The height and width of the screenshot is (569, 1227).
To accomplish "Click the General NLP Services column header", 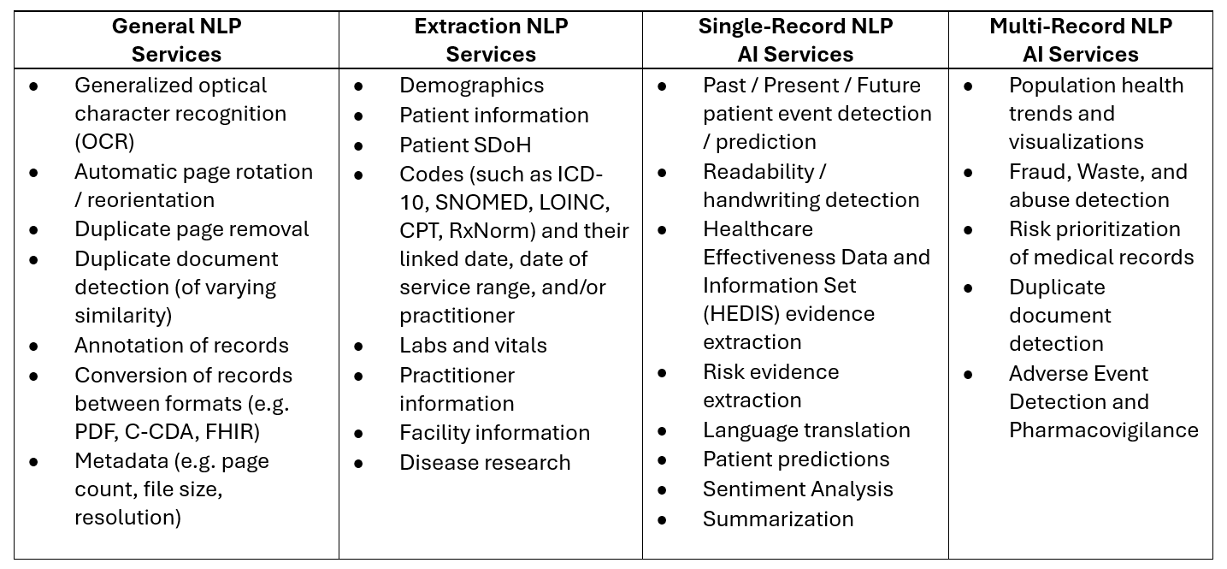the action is [x=176, y=40].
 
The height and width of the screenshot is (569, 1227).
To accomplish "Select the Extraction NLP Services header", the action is [x=491, y=40].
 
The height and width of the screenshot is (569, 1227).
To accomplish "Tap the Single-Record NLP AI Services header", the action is [x=795, y=40].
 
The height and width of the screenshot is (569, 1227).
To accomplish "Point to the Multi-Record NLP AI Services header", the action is [x=1081, y=40].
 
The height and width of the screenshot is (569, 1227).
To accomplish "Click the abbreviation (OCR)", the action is [x=104, y=142].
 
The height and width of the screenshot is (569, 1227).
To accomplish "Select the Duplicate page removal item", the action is [x=192, y=229].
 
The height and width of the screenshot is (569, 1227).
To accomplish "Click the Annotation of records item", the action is [x=181, y=346].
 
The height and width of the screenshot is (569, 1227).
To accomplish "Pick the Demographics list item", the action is [x=471, y=86].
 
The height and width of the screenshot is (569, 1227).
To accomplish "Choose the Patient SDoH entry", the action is [x=465, y=145].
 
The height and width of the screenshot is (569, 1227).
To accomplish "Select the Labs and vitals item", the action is [x=473, y=346].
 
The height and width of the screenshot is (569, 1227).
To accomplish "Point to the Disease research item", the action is [x=485, y=463].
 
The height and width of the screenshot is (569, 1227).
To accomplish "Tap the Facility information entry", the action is [x=494, y=433].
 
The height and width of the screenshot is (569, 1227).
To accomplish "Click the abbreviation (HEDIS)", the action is [x=741, y=314].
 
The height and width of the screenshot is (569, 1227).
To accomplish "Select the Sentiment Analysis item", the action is [x=798, y=489].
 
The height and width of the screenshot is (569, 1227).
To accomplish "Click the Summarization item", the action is [x=778, y=519].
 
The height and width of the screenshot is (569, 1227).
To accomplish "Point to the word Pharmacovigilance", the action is [x=1104, y=430].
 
